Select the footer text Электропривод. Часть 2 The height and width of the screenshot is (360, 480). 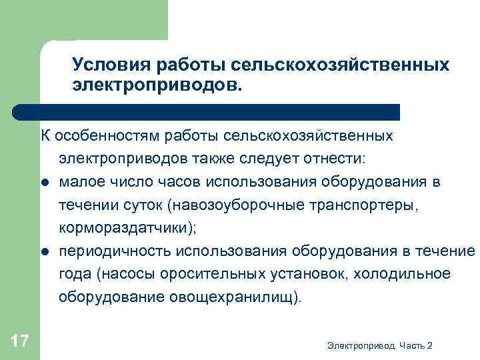coord(380,345)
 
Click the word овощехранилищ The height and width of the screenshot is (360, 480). coord(245,297)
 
